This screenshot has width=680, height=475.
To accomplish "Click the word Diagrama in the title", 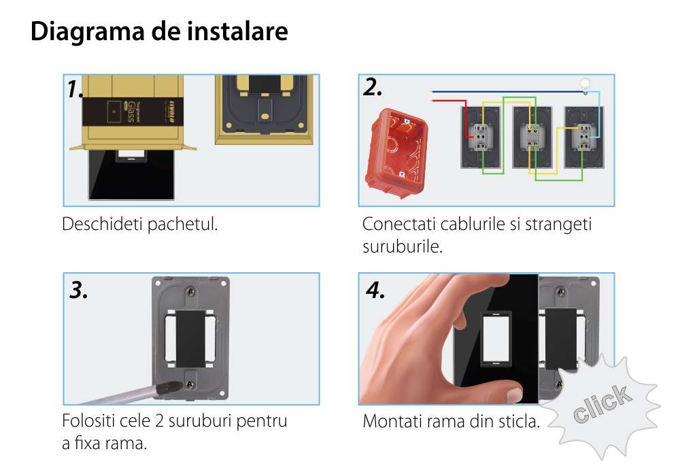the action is click(x=87, y=32).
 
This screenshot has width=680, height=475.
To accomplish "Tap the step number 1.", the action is click(x=75, y=89).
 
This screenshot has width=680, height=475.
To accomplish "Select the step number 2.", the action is click(x=372, y=87).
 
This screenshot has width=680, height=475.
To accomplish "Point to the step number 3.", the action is click(x=78, y=290).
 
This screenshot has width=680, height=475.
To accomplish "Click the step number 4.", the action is click(x=375, y=290).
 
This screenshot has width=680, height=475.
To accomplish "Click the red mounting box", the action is click(x=396, y=152).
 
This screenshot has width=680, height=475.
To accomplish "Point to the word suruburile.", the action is click(x=403, y=246).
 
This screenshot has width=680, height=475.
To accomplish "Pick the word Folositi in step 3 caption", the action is click(x=88, y=421).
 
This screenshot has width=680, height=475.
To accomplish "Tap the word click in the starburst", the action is click(x=602, y=404).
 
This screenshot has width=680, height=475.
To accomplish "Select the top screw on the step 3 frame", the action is click(x=190, y=292).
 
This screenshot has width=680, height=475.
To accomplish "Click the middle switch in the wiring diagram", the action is click(x=532, y=137).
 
